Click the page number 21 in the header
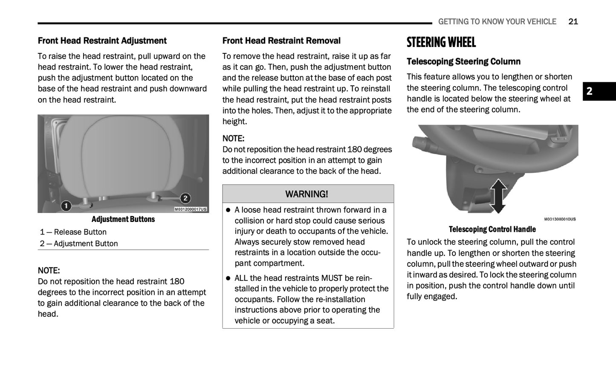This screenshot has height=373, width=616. [573, 22]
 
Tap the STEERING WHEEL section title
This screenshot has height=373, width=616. [441, 42]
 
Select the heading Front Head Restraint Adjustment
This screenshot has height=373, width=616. [102, 41]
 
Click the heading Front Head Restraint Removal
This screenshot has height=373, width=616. [281, 41]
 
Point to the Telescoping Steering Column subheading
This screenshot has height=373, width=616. [463, 62]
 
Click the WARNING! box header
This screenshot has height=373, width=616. [307, 194]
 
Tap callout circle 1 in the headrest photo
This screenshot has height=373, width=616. [66, 206]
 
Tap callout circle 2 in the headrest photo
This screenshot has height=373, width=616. [185, 198]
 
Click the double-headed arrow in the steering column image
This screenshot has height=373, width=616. [498, 196]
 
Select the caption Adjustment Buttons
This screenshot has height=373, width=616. [123, 219]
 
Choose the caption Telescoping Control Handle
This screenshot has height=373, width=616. [492, 230]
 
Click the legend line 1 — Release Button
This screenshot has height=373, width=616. [73, 232]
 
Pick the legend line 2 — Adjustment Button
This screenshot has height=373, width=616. [79, 244]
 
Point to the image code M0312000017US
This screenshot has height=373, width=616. [191, 209]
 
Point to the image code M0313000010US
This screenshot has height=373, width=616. [560, 219]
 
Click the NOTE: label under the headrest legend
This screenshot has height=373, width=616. [49, 271]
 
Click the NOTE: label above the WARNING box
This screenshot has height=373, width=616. [233, 139]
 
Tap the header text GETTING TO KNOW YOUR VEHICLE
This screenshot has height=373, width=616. [497, 22]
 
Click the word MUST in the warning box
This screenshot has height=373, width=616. [332, 278]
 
